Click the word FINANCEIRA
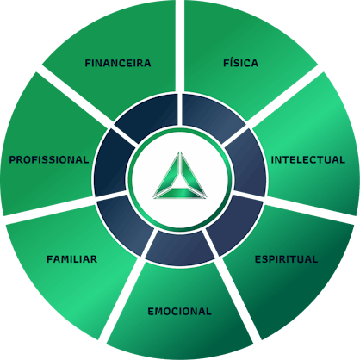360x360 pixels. (x=118, y=63)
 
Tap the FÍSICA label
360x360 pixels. (x=240, y=63)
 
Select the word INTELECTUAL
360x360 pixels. (x=308, y=160)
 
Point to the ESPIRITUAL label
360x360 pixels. (x=286, y=259)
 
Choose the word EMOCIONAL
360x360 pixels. (x=179, y=312)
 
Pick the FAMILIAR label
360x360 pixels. (x=71, y=259)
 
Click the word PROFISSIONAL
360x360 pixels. (x=49, y=160)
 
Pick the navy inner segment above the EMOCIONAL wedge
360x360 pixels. (x=180, y=249)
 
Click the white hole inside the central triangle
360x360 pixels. (x=180, y=181)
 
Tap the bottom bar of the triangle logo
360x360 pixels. (x=180, y=194)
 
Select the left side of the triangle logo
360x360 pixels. (x=167, y=173)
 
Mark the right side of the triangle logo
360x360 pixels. (x=193, y=173)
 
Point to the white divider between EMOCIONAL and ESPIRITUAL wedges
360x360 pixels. (x=234, y=299)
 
